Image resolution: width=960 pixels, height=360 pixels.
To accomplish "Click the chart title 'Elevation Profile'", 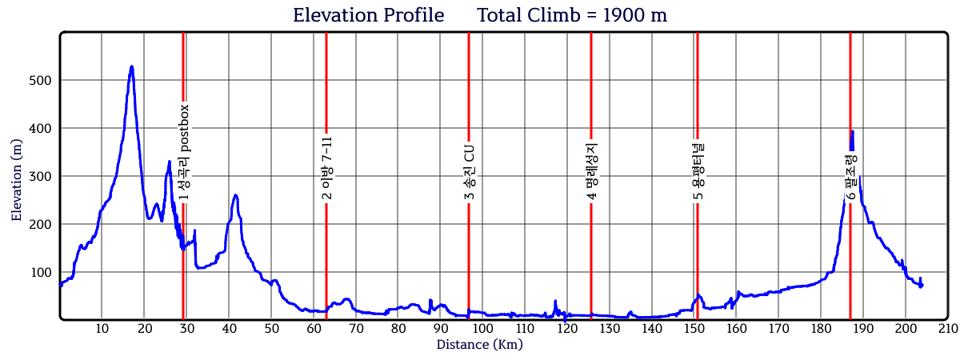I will click(x=368, y=15).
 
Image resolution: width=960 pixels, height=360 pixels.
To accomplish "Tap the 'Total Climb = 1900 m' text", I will click(x=572, y=15).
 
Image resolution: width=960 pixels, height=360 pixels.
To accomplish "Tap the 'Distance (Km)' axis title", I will click(x=479, y=345).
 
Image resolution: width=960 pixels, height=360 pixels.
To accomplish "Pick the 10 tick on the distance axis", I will click(x=102, y=329).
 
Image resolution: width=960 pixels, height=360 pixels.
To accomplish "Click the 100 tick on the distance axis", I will click(x=482, y=329).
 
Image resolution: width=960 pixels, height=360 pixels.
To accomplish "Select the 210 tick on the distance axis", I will click(x=947, y=329).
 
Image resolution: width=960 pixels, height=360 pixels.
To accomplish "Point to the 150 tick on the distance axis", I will click(x=693, y=329).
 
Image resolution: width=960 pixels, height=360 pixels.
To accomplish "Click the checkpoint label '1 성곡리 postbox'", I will click(x=183, y=152).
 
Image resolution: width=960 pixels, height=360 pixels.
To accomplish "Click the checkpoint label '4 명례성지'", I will click(x=591, y=170).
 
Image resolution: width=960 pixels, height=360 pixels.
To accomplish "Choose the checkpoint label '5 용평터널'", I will click(x=698, y=170).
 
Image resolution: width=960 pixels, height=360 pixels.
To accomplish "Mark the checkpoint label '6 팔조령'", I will click(x=850, y=176).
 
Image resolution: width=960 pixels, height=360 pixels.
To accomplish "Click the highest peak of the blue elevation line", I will click(x=131, y=66).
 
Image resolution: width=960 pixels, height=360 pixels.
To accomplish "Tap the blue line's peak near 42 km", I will click(x=235, y=194).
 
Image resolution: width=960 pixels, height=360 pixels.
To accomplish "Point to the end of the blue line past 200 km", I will click(x=921, y=285).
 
